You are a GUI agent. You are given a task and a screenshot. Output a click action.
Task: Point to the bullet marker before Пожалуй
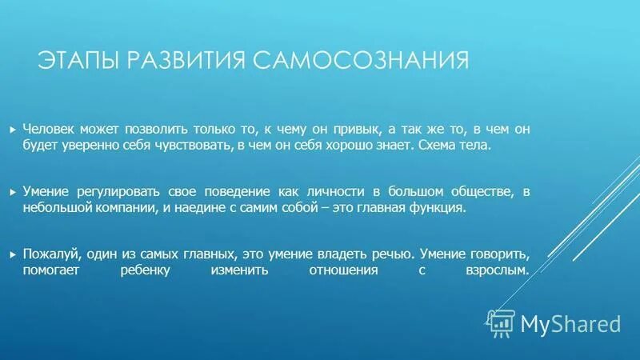[12, 254]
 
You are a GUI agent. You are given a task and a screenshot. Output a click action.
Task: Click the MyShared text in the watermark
[570, 323]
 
